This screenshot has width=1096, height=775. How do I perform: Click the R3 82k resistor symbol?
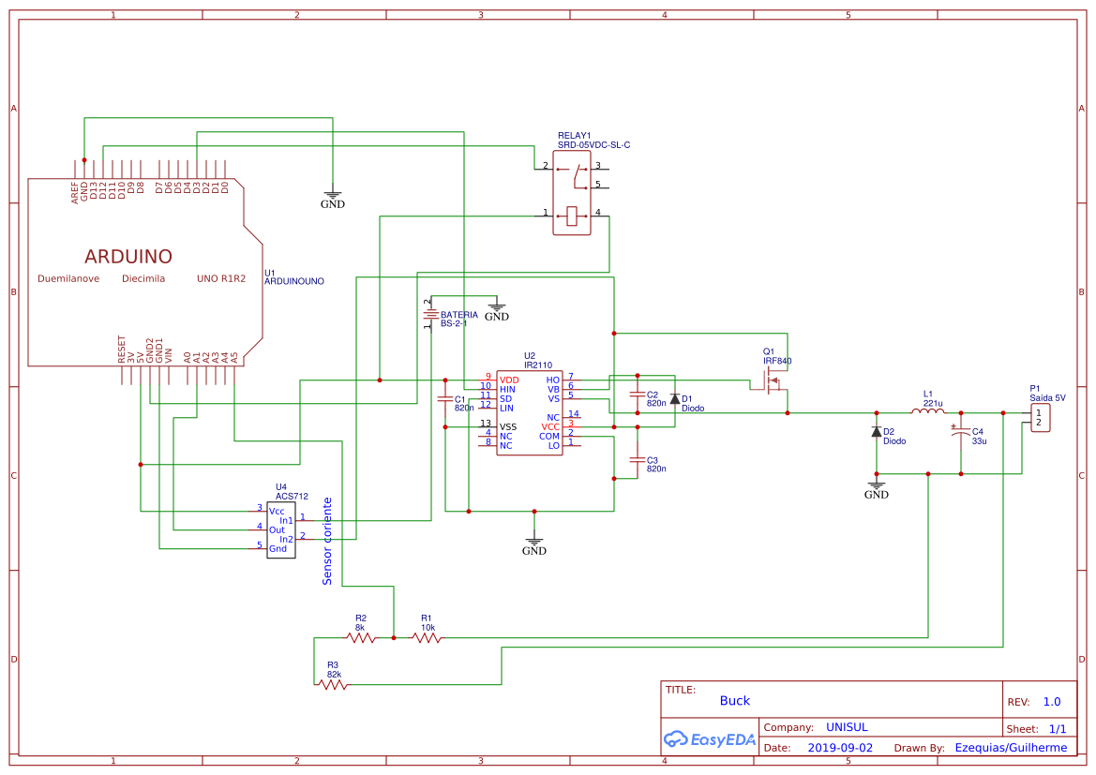coord(333,685)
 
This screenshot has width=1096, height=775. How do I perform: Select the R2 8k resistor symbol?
coord(361,637)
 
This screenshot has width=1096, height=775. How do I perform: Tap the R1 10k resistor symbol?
coord(427,637)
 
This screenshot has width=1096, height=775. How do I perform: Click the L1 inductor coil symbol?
coord(927,411)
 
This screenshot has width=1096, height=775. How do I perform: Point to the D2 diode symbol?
coord(877,432)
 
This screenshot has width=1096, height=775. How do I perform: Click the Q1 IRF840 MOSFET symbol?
coord(775,382)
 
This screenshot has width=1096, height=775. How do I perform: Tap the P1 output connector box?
coord(1039,418)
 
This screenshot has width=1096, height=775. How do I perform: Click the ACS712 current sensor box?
coord(280,529)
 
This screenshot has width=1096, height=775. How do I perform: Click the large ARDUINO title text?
coord(128,257)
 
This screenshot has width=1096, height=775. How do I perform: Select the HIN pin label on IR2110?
coord(507,389)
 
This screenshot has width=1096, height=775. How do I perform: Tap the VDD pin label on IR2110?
coord(508,379)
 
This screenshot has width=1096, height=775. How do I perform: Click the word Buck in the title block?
coord(735,701)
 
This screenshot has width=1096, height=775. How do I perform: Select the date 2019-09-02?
coord(840,748)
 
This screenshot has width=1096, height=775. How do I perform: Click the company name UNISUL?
coord(847,727)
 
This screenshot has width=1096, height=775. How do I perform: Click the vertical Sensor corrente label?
coord(327,541)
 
